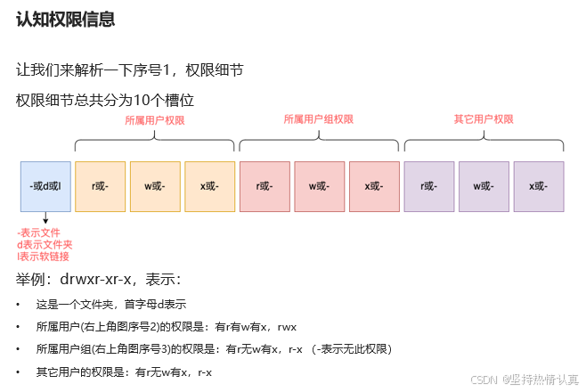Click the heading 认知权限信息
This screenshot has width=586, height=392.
click(x=65, y=19)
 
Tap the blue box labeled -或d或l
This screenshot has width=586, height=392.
click(x=45, y=186)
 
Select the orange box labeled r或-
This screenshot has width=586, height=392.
click(x=100, y=186)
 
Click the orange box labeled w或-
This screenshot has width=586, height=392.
click(x=155, y=186)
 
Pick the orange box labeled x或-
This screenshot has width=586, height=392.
click(x=210, y=186)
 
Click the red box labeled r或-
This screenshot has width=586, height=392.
click(x=265, y=186)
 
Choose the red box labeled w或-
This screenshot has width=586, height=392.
click(x=320, y=186)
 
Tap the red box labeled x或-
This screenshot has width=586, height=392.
click(x=374, y=186)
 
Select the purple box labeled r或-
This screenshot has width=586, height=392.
click(x=429, y=186)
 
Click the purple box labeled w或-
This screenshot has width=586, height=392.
click(x=484, y=186)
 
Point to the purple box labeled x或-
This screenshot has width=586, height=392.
click(x=539, y=186)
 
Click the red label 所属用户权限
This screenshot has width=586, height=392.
click(x=155, y=119)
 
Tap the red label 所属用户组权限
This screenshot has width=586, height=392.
click(x=318, y=119)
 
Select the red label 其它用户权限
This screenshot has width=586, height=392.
click(x=484, y=119)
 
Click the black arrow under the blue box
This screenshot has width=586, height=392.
click(x=45, y=218)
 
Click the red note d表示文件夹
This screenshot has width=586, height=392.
click(x=45, y=244)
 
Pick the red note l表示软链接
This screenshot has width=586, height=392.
click(x=43, y=257)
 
